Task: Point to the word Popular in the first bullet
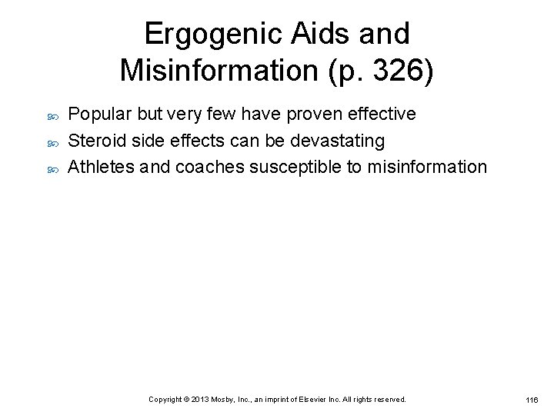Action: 99,115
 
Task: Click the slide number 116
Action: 532,401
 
